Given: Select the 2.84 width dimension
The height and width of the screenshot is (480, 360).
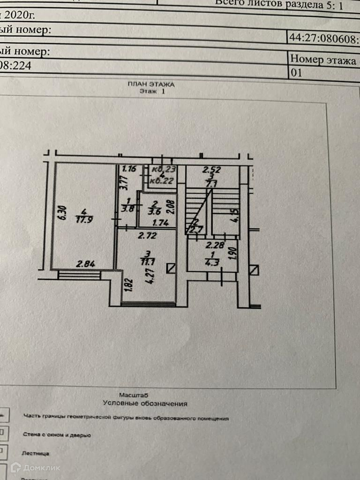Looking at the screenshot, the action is (86, 264).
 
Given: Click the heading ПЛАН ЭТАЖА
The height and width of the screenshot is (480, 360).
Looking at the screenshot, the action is (151, 85).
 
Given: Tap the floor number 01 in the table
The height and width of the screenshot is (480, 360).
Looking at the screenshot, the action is (297, 73).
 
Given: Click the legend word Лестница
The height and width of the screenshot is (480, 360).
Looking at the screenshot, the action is (36, 453).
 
